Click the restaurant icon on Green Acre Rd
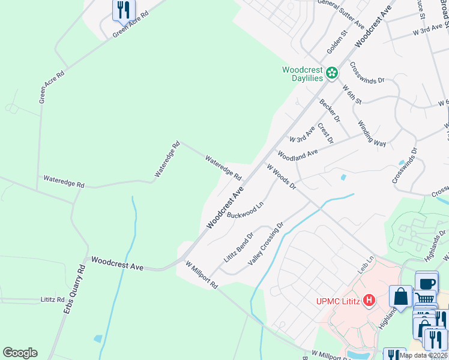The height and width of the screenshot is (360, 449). pos(123,10)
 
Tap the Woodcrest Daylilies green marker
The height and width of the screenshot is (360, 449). pos(331,74)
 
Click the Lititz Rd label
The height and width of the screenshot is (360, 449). pos(52,298)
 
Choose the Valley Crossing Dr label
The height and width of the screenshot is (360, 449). pos(265,245)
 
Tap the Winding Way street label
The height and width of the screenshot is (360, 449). pos(372,133)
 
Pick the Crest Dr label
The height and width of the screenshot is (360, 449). pos(325,133)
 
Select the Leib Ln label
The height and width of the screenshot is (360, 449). pos(366,266)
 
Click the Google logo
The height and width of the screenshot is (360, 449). pos(20,353)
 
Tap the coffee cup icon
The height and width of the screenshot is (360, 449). pos(426,283)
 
